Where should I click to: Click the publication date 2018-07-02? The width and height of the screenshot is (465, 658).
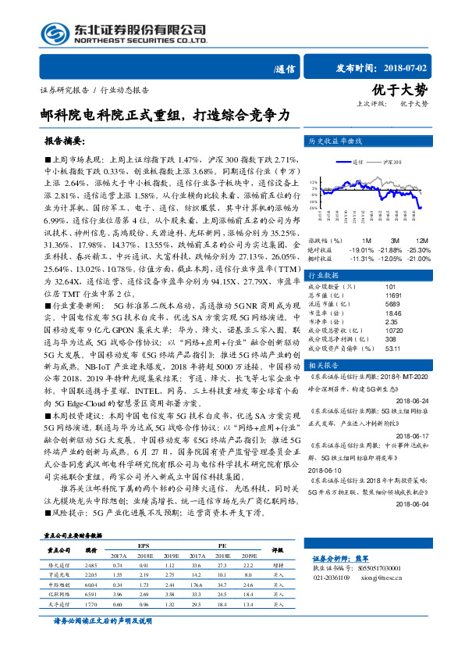[x=423, y=68]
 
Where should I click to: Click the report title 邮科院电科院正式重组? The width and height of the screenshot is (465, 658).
[x=169, y=115]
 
